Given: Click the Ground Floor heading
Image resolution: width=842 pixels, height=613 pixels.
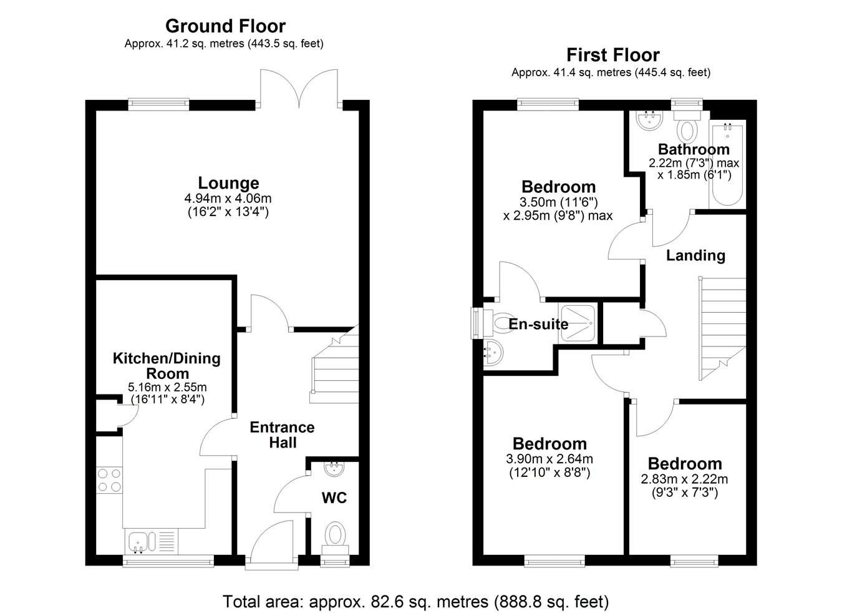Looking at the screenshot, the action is (226, 26).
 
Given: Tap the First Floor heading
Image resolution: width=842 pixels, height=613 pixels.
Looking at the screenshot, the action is (613, 56).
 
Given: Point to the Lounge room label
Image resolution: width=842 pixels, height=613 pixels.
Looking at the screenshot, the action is (228, 184).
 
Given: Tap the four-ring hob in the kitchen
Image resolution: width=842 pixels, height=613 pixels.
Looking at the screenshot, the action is (109, 480).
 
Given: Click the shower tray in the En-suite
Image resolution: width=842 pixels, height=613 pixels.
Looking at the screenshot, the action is (578, 323).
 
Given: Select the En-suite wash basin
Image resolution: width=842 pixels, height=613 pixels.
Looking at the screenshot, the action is (493, 353).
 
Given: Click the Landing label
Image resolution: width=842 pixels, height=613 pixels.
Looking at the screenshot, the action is (695, 255).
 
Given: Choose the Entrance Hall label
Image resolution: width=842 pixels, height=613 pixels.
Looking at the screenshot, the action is (283, 435).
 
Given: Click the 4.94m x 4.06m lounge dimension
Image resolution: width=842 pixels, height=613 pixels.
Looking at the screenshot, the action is (228, 199).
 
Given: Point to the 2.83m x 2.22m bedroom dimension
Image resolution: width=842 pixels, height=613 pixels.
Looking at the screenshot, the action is (684, 479).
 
